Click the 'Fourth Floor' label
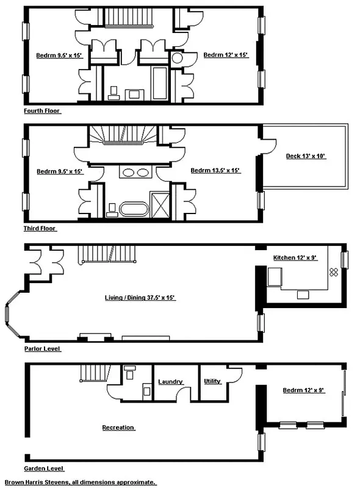42,111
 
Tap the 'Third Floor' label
40,229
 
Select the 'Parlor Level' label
42,349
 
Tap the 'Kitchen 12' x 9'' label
294,259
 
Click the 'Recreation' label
118,428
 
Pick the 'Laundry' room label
171,382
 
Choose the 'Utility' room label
212,381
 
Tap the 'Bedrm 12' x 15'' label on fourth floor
226,55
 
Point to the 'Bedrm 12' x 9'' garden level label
303,390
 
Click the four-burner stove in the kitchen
334,273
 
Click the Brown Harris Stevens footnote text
80,482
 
